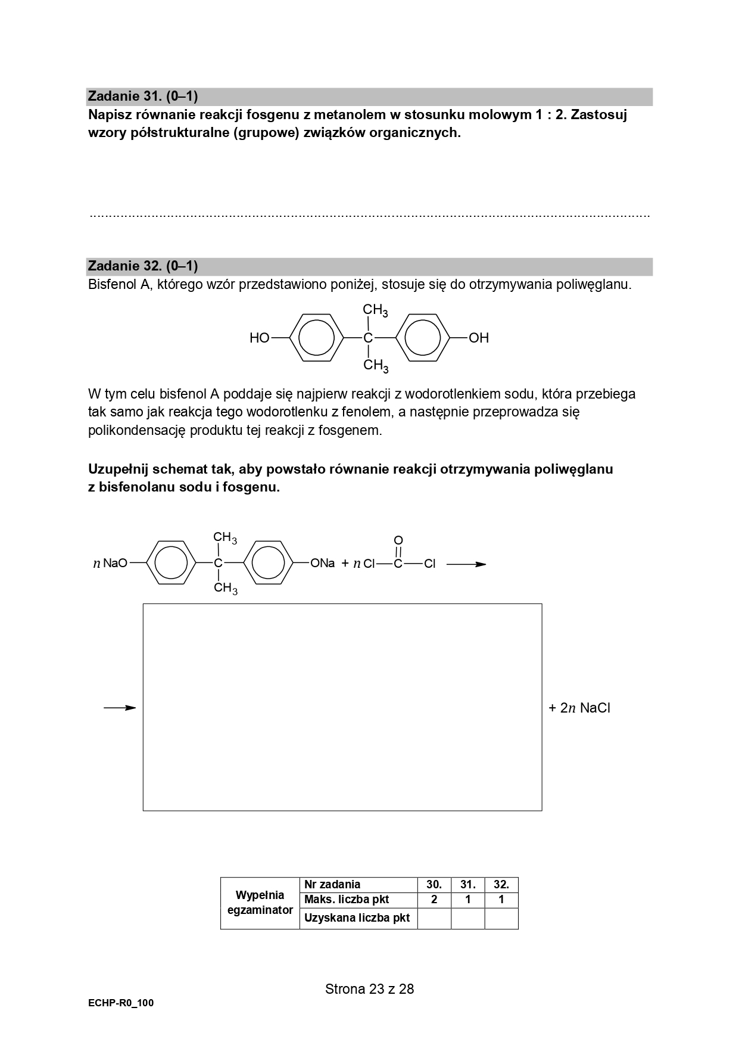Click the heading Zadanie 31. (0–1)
143,96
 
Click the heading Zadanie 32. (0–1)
143,266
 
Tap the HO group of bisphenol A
260,338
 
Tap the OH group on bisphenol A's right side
479,338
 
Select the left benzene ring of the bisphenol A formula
316,338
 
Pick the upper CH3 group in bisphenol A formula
376,311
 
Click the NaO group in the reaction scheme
115,564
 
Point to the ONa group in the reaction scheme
323,564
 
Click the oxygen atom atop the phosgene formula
398,540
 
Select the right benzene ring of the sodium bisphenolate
269,564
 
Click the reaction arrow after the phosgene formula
466,564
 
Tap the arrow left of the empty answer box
120,708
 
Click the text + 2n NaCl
579,708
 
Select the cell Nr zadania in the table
332,885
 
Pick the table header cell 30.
434,885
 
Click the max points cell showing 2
434,900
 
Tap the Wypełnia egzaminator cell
260,903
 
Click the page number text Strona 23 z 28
369,990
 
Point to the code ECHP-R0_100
121,1003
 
